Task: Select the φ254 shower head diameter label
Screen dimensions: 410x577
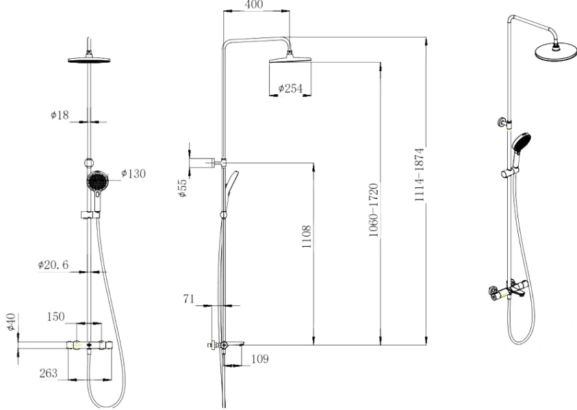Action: (291, 88)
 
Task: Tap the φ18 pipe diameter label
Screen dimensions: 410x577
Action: (60, 115)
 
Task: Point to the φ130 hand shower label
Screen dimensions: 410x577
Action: (133, 173)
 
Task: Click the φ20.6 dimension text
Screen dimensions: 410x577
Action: (53, 264)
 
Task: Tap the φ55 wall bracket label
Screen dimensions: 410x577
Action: (181, 189)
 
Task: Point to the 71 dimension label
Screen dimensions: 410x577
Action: (190, 298)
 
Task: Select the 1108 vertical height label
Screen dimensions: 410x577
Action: (307, 237)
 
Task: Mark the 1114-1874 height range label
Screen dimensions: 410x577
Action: (420, 174)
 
